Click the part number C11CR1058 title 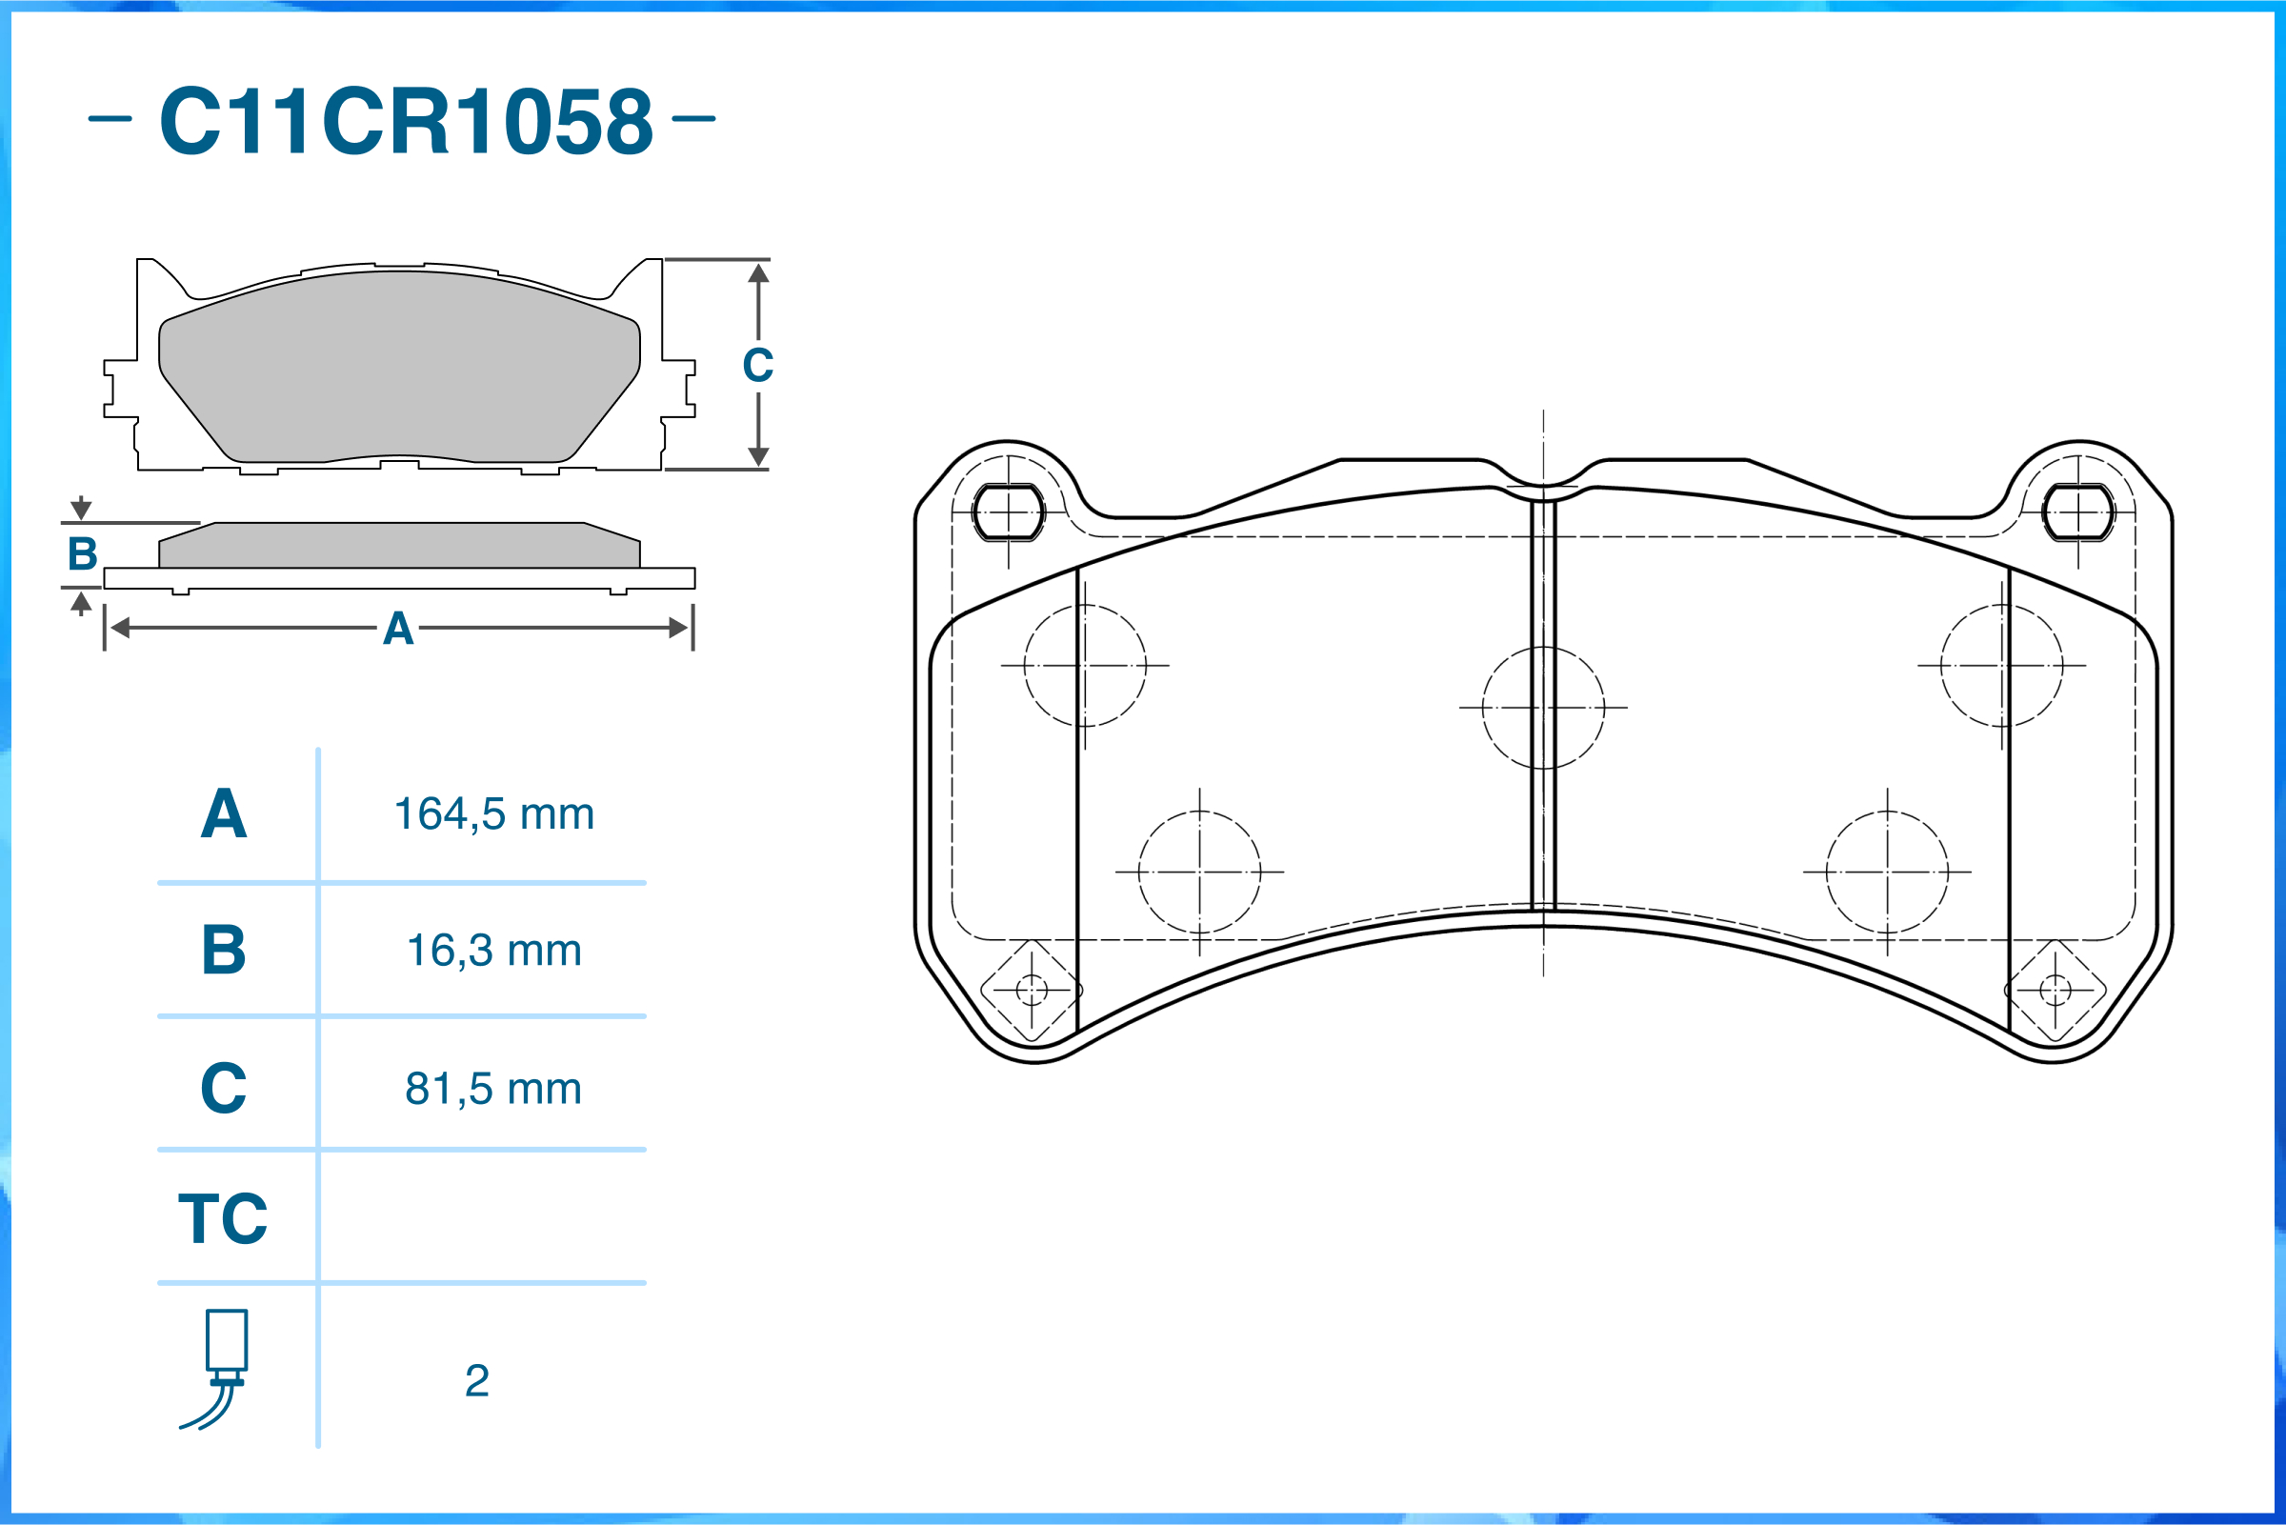tap(406, 121)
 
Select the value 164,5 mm tap(493, 814)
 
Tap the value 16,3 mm tap(493, 951)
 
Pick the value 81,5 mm tap(493, 1089)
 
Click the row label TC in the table tap(223, 1218)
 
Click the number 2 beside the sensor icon tap(476, 1380)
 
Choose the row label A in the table tap(223, 814)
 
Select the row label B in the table tap(223, 951)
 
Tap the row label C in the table tap(223, 1089)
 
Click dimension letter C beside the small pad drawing tap(757, 366)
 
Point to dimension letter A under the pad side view tap(398, 630)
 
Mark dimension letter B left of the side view tap(83, 554)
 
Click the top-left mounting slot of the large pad tap(1009, 512)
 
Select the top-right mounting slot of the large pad tap(2078, 512)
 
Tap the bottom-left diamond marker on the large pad tap(1031, 991)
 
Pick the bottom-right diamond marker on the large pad tap(2055, 991)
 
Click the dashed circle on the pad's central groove tap(1543, 708)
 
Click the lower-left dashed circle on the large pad tap(1199, 873)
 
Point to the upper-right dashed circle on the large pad tap(2001, 666)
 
